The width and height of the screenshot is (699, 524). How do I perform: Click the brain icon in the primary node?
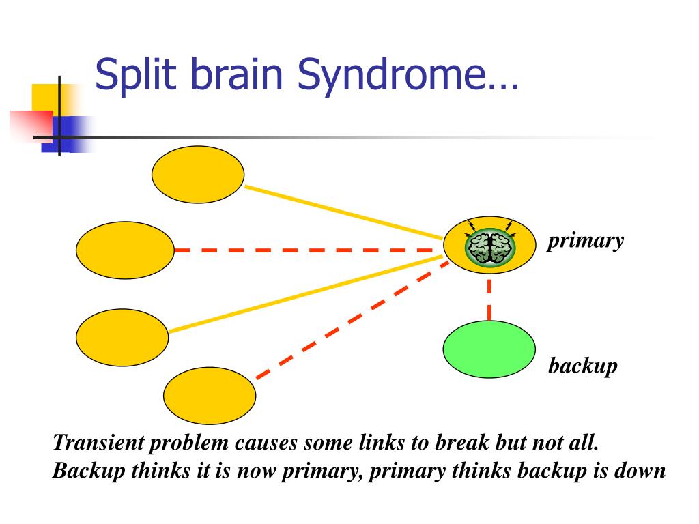pos(490,247)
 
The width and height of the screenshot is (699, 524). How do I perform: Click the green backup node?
pos(489,349)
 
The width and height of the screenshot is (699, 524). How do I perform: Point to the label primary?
pos(585,241)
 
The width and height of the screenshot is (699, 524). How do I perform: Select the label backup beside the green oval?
pos(583,366)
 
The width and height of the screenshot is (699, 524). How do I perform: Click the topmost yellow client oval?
pos(197,175)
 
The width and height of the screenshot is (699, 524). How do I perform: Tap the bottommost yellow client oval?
pos(210,396)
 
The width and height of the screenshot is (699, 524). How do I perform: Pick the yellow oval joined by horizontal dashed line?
pos(125,250)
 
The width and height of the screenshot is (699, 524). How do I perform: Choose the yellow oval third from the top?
pos(122,338)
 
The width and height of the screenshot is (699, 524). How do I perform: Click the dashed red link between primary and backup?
pos(489,298)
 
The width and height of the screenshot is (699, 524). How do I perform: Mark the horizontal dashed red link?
pos(307,250)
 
